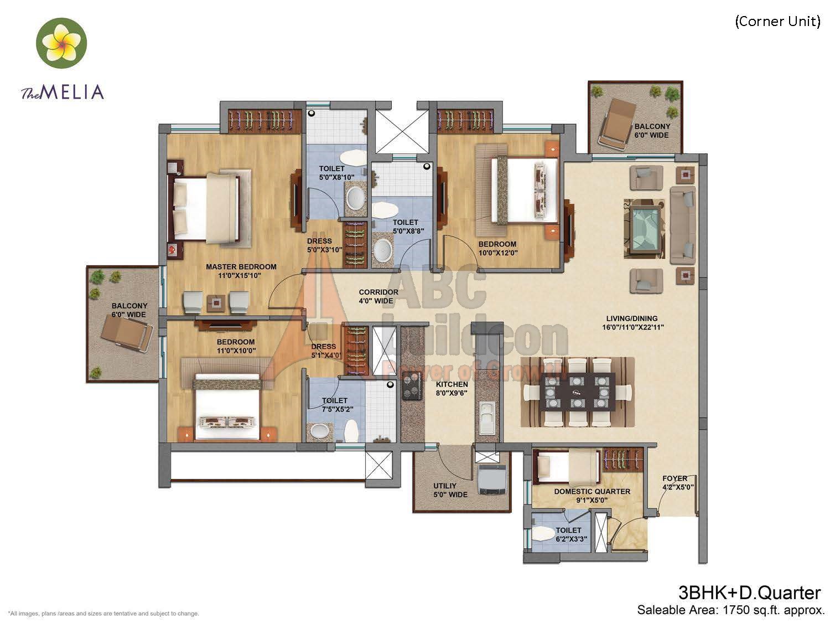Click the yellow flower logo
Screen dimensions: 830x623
pos(61,43)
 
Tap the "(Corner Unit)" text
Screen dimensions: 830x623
pos(777,22)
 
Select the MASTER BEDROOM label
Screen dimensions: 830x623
pos(241,267)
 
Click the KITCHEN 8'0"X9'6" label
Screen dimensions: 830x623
pos(452,389)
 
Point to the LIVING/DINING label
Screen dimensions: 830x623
pos(632,318)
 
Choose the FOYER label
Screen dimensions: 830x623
pos(675,478)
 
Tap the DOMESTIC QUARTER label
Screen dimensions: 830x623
pos(592,491)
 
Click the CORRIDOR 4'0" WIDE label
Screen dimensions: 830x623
pos(378,297)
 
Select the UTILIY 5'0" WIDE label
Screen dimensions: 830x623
pos(450,490)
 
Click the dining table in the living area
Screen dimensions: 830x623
pos(578,392)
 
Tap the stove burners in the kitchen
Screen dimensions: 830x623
pos(412,385)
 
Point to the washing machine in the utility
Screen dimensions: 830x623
pos(492,480)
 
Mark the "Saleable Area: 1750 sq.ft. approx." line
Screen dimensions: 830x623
pos(730,610)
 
